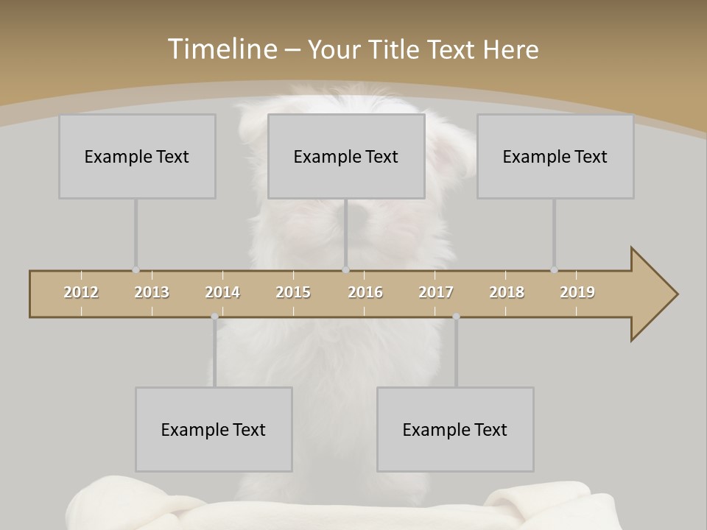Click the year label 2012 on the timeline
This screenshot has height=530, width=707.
coord(81,292)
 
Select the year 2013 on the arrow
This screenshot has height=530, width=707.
coord(152,292)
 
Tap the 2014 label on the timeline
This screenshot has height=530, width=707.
coord(222,292)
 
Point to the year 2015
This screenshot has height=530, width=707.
coord(293,292)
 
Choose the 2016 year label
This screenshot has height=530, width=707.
coord(365,292)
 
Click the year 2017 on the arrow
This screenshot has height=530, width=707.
coord(436,292)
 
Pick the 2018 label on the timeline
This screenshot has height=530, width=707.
coord(507,292)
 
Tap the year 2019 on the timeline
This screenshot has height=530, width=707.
coord(577,292)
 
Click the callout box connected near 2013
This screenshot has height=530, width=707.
coord(137,156)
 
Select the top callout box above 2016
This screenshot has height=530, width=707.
coord(346,156)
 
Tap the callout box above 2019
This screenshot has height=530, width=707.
coord(555,156)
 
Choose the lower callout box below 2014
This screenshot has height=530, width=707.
coord(214,429)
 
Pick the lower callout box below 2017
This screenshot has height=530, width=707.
coord(455,429)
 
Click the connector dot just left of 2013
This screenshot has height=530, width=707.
coord(136,270)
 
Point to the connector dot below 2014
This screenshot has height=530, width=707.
coord(214,317)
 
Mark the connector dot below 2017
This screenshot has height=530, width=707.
coord(456,317)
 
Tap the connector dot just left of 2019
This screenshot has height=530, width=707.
coord(554,270)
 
